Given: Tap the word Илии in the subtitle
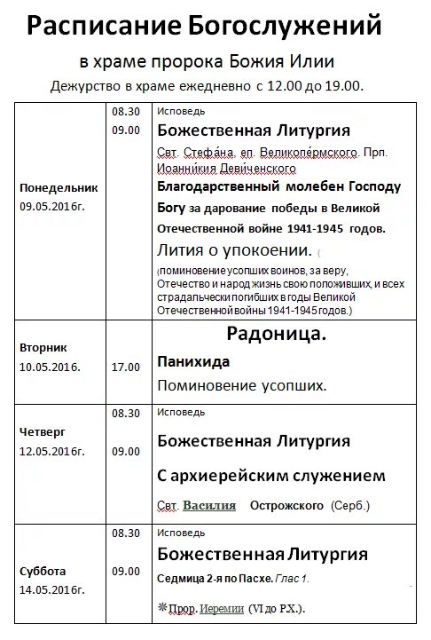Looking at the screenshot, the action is tap(316, 61).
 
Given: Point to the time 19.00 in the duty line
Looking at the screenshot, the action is tap(344, 85).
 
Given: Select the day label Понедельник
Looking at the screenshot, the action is tap(59, 188).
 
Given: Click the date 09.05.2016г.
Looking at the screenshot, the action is tap(52, 206).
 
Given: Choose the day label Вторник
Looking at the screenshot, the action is tap(44, 348).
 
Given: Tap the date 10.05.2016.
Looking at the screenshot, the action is tap(50, 367).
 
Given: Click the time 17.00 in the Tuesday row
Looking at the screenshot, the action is tap(126, 367).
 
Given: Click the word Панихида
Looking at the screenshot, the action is tap(193, 362).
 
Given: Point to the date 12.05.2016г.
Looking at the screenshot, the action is tap(52, 451).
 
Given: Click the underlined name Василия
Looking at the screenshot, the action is tap(209, 506).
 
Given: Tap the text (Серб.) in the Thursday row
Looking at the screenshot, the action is tap(350, 506).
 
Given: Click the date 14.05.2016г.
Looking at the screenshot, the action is tap(52, 589).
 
